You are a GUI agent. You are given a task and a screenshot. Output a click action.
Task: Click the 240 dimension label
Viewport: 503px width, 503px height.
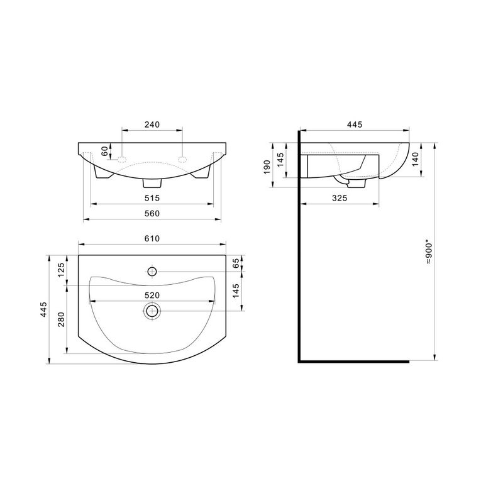pos(152,124)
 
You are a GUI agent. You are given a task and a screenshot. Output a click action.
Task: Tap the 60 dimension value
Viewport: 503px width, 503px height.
pos(105,151)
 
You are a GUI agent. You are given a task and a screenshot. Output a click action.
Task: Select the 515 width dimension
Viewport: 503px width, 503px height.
pos(152,198)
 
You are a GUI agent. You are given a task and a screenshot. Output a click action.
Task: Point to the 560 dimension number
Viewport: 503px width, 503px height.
pos(152,213)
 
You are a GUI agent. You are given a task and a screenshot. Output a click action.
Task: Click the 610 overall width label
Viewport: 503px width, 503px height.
pos(152,238)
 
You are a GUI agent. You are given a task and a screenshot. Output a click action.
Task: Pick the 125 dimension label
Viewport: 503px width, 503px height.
pos(61,270)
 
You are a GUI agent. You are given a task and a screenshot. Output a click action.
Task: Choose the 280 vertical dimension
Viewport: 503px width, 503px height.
pos(61,319)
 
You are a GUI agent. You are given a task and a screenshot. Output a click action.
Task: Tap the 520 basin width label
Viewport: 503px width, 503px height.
pos(152,295)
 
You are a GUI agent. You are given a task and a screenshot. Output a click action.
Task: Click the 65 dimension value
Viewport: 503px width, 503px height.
pos(236,263)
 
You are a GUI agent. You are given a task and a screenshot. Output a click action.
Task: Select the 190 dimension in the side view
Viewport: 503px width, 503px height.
pos(267,167)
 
